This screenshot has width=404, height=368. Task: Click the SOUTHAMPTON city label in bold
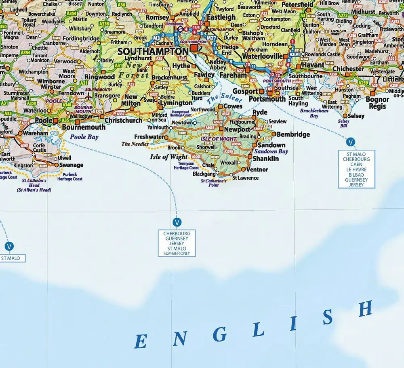pyautogui.click(x=153, y=52)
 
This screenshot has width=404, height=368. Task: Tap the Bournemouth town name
pyautogui.click(x=84, y=127)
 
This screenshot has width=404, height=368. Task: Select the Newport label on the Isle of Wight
pyautogui.click(x=237, y=130)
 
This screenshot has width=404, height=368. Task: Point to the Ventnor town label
pyautogui.click(x=257, y=169)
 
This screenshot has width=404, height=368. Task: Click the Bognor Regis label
pyautogui.click(x=377, y=103)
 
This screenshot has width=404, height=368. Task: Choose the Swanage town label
pyautogui.click(x=72, y=165)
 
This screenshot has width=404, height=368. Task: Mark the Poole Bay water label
pyautogui.click(x=84, y=137)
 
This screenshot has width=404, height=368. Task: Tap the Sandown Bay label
pyautogui.click(x=271, y=151)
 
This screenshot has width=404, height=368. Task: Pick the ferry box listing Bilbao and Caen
pyautogui.click(x=357, y=169)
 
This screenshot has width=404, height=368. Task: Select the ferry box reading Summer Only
pyautogui.click(x=177, y=243)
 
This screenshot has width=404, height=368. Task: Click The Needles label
pyautogui.click(x=135, y=144)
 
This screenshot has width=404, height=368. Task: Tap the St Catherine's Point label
pyautogui.click(x=213, y=183)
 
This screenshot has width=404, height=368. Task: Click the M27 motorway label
pyautogui.click(x=212, y=38)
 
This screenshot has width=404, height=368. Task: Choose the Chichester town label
pyautogui.click(x=348, y=69)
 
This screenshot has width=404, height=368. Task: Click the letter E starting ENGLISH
pyautogui.click(x=141, y=341)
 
